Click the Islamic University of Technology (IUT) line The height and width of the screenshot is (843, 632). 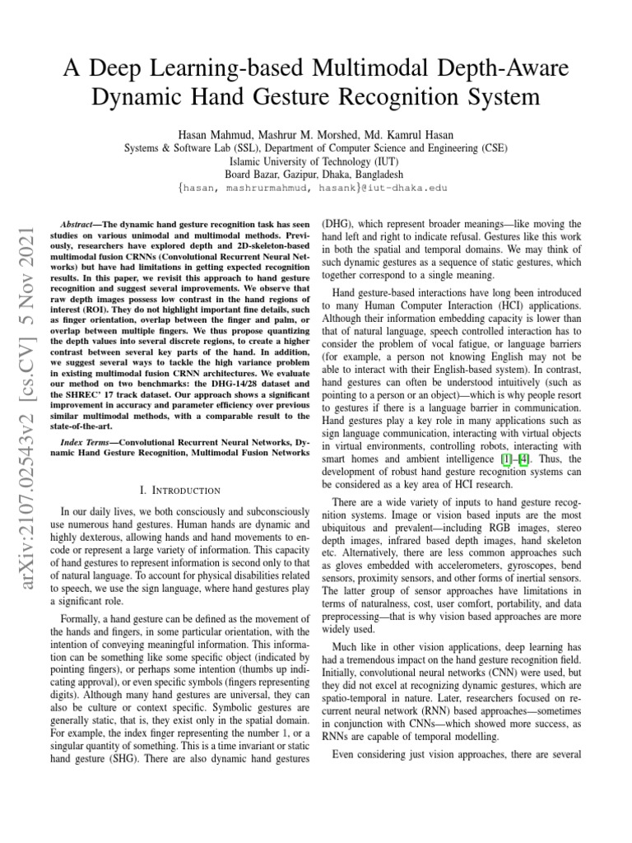point(315,161)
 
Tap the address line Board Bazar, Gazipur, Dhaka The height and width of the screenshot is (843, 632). point(315,175)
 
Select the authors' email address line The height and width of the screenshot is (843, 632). point(315,188)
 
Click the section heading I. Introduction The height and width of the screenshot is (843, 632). point(179,491)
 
